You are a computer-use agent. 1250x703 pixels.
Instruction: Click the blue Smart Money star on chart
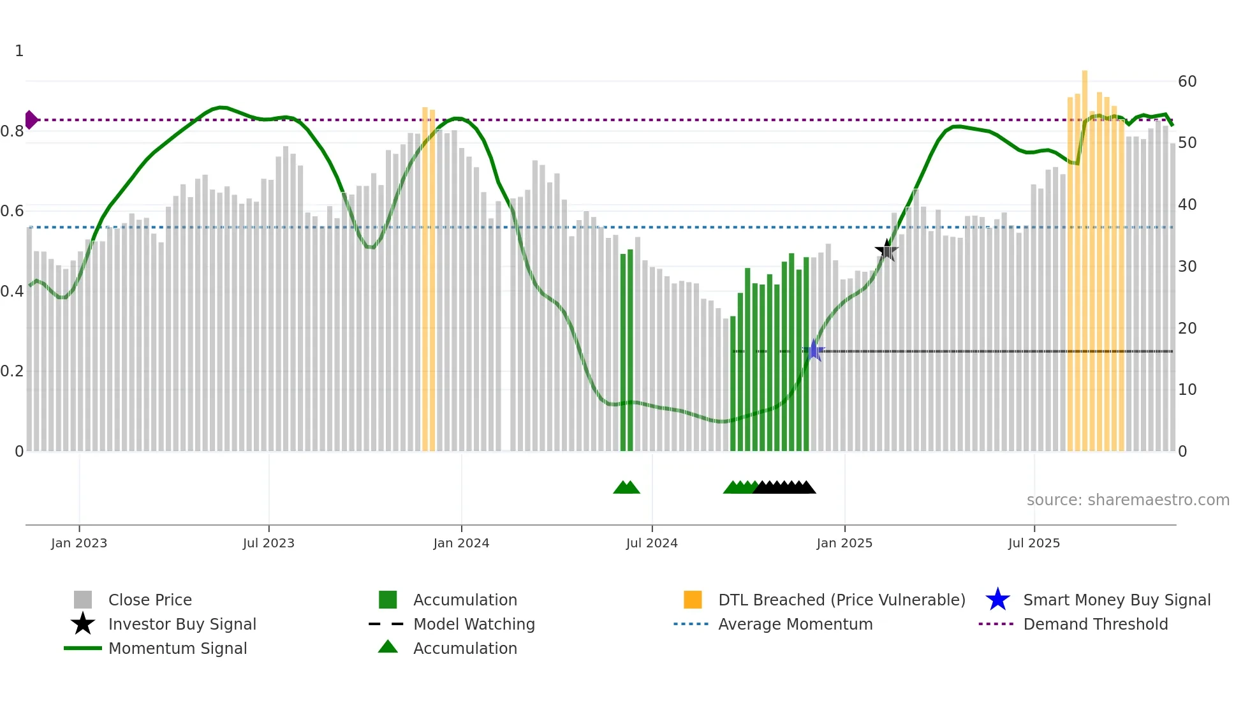[x=813, y=351]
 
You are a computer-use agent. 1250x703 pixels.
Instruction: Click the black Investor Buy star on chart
[x=886, y=251]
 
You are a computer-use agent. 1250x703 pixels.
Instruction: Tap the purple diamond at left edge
[x=31, y=120]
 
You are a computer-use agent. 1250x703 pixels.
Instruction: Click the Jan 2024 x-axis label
[x=461, y=544]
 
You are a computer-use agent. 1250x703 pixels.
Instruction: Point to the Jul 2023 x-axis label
[x=268, y=544]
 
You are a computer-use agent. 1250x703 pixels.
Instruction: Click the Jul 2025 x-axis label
[x=1034, y=544]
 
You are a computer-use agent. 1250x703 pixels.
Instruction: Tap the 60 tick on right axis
[x=1187, y=82]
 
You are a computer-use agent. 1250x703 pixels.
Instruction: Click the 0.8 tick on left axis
[x=13, y=131]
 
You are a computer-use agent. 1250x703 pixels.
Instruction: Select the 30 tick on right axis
[x=1187, y=267]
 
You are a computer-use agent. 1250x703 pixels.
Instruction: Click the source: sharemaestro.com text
[x=1128, y=500]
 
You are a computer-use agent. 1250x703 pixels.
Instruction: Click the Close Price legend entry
[x=150, y=600]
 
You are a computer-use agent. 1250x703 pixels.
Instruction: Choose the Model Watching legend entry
[x=474, y=625]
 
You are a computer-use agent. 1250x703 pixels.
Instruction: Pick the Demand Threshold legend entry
[x=1095, y=625]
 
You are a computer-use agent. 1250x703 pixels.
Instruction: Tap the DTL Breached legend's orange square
[x=693, y=600]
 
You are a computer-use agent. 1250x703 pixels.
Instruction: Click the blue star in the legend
[x=997, y=600]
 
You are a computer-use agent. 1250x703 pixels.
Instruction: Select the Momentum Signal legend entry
[x=177, y=649]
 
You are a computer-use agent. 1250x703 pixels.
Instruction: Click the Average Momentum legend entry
[x=795, y=625]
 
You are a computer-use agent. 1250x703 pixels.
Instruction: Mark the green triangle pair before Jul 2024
[x=626, y=488]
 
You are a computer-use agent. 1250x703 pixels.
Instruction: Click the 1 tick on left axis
[x=19, y=51]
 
